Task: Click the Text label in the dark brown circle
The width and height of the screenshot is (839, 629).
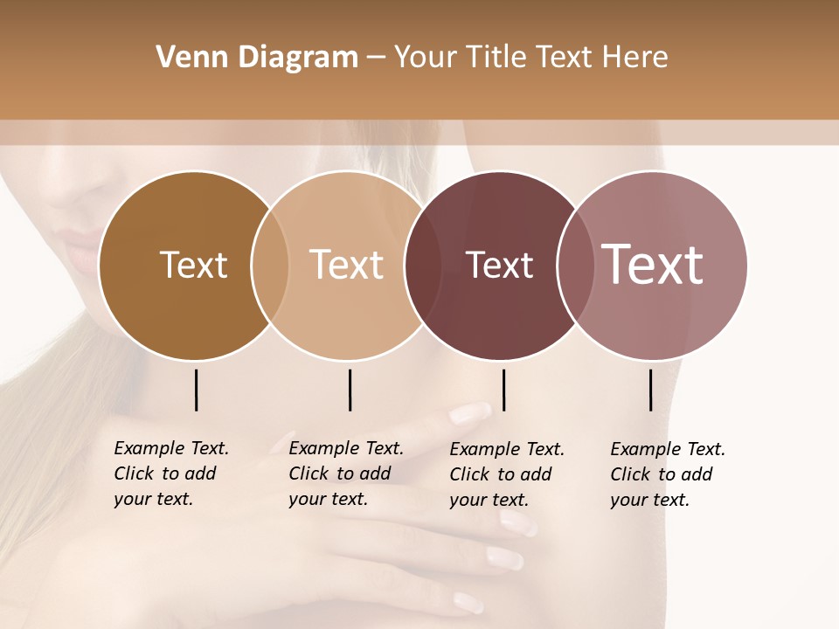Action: point(193,265)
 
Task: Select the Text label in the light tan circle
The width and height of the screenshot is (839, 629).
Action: point(346,265)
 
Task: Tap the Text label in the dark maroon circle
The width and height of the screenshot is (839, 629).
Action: point(499,266)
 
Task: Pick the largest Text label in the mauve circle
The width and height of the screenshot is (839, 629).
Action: point(653,265)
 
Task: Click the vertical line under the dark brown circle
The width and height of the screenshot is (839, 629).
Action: point(196,390)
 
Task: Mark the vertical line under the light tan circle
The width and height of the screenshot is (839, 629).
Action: point(350,390)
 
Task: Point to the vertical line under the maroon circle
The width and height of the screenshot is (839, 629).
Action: point(503,390)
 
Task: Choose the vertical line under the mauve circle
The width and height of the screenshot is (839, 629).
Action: point(650,390)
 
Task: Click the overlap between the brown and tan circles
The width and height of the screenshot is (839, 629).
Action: point(270,266)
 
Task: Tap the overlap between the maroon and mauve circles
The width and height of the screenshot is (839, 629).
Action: point(575,266)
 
